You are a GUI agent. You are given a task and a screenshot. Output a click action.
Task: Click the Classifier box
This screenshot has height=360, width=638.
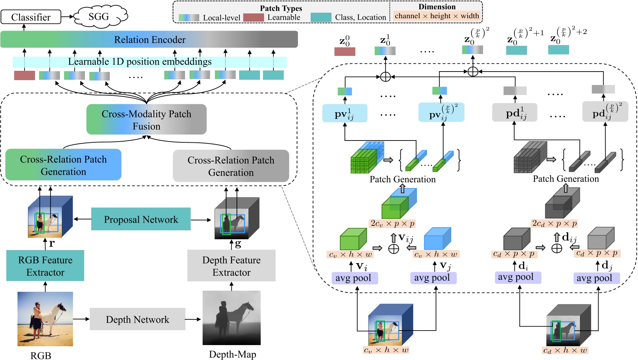pyautogui.click(x=31, y=17)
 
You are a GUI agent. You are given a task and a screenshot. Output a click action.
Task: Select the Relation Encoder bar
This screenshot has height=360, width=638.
pyautogui.click(x=149, y=40)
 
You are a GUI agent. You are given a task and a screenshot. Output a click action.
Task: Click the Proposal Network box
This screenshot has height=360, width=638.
pyautogui.click(x=141, y=219)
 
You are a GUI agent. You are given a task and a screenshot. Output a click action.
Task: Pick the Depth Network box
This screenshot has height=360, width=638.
pyautogui.click(x=137, y=319)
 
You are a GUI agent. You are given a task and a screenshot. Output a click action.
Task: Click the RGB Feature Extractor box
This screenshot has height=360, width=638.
pyautogui.click(x=45, y=266)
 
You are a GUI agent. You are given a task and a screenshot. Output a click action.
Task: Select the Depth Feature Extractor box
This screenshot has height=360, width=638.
pyautogui.click(x=231, y=266)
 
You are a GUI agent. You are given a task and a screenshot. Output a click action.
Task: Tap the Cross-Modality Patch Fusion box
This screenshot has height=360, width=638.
pyautogui.click(x=146, y=120)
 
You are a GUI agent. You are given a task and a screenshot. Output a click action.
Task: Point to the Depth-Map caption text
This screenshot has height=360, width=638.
pyautogui.click(x=232, y=354)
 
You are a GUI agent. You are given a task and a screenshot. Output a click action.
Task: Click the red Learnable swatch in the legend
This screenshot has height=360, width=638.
pyautogui.click(x=253, y=18)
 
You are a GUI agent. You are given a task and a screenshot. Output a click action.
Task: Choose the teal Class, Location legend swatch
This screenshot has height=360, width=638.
pyautogui.click(x=321, y=18)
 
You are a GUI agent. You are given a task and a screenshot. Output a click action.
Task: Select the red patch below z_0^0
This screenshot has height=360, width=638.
pyautogui.click(x=345, y=51)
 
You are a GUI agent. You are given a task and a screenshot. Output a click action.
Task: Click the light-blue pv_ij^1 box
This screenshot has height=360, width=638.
pyautogui.click(x=345, y=113)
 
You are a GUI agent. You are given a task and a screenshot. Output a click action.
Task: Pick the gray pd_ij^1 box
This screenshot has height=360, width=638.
pyautogui.click(x=515, y=113)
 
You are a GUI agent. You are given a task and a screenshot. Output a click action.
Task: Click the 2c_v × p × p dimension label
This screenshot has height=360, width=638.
pyautogui.click(x=392, y=224)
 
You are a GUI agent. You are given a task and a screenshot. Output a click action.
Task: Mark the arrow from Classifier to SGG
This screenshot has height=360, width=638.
pyautogui.click(x=67, y=17)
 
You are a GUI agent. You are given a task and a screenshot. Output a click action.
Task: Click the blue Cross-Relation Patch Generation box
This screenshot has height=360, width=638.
pyautogui.click(x=63, y=165)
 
